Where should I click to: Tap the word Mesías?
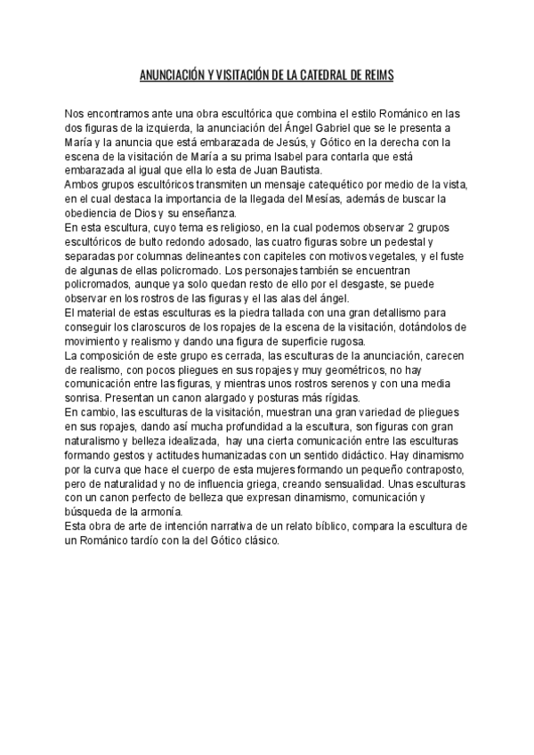click(x=340, y=198)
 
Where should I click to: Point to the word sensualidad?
click(x=360, y=484)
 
